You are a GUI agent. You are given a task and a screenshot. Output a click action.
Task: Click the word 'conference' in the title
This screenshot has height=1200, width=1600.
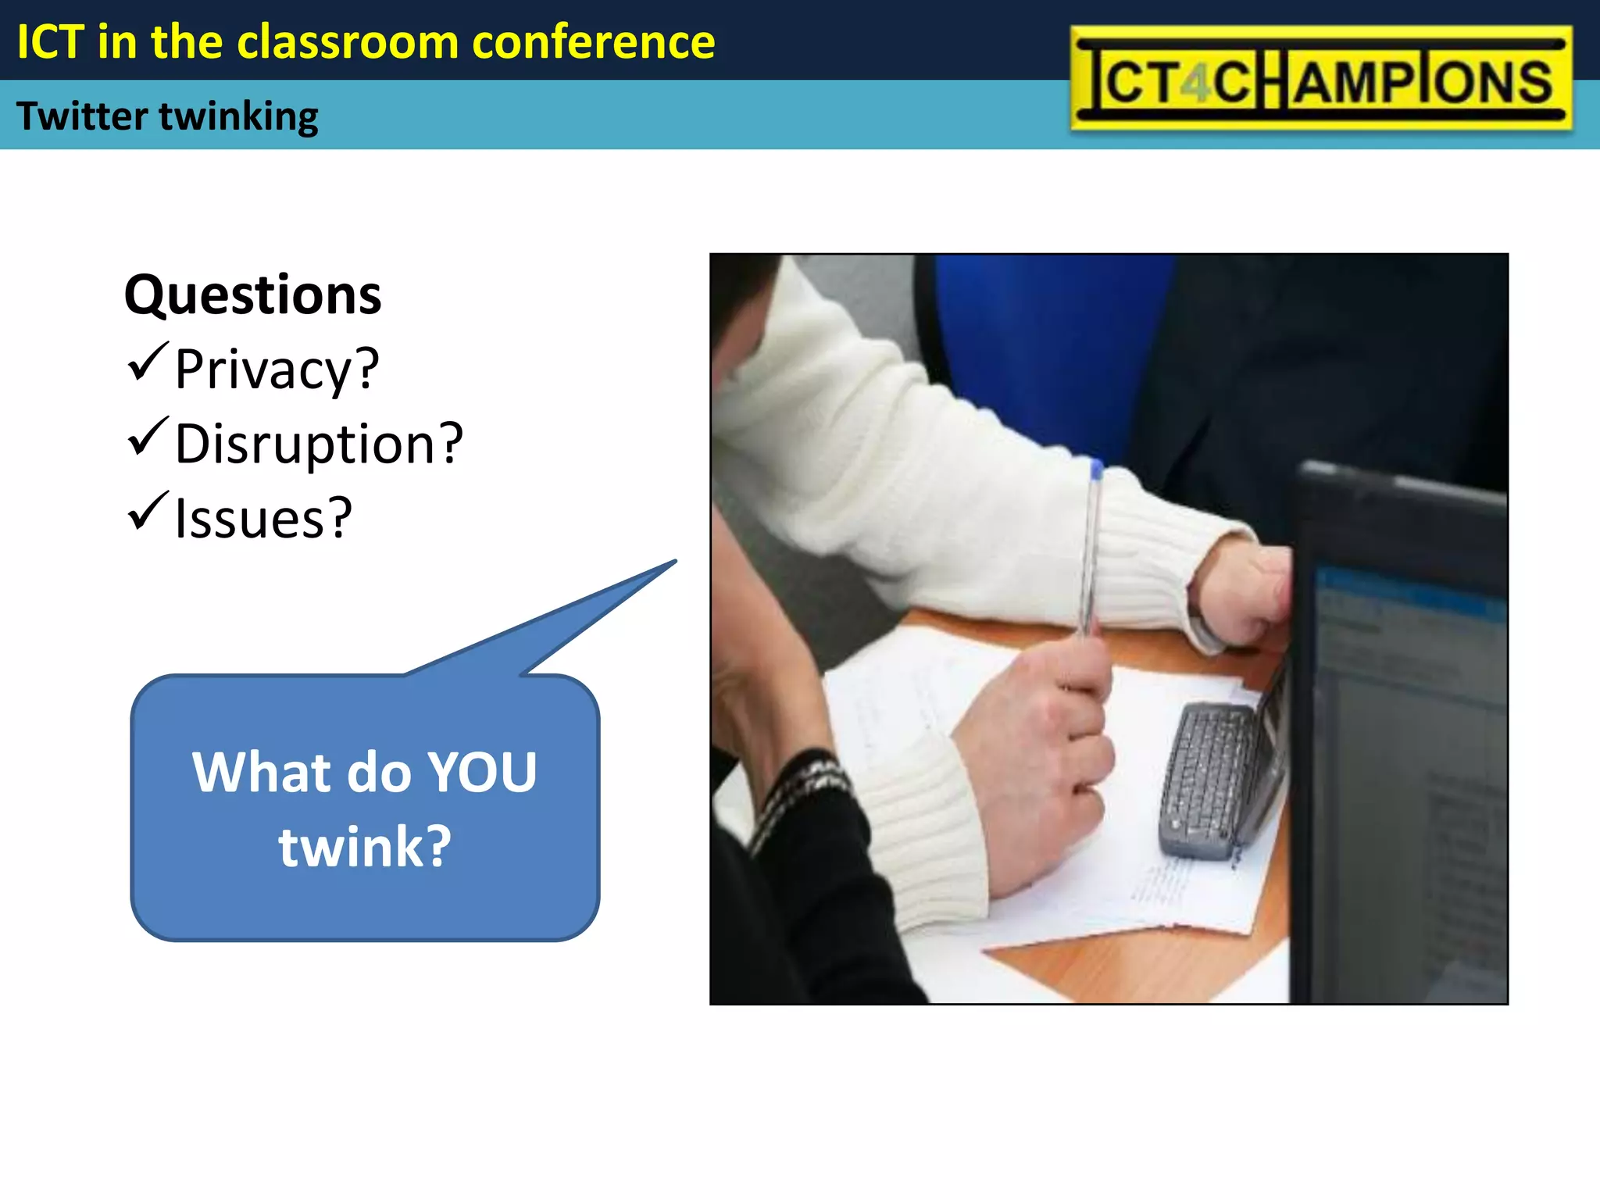[594, 42]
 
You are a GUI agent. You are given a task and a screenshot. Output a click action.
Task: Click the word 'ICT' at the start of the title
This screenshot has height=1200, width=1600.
[50, 42]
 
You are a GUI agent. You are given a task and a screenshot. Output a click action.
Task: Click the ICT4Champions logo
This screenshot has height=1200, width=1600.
[1320, 78]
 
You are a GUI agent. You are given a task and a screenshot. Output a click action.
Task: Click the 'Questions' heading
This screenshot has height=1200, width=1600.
[252, 295]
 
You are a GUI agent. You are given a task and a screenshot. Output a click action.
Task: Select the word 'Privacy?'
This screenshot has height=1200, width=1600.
[277, 369]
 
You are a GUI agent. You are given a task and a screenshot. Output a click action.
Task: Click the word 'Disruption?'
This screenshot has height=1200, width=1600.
[319, 444]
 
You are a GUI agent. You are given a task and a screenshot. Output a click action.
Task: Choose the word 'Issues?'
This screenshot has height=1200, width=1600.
[263, 518]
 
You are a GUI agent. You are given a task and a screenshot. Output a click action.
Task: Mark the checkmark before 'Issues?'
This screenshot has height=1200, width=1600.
[147, 511]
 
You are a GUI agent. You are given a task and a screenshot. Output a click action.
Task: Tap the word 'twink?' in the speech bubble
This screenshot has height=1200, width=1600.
[365, 847]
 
